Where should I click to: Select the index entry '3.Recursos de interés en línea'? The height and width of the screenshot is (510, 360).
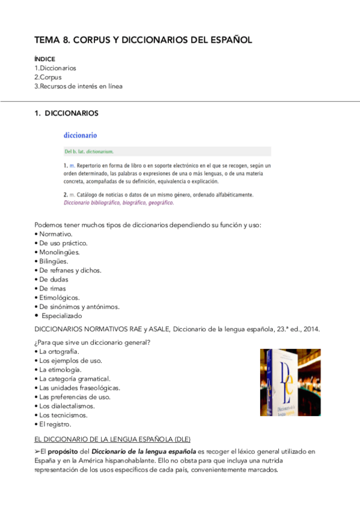[79, 86]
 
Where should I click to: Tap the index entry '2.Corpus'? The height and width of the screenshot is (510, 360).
[48, 77]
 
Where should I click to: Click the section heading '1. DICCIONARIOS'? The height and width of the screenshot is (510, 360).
[67, 113]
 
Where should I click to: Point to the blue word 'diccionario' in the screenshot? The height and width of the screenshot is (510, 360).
[81, 136]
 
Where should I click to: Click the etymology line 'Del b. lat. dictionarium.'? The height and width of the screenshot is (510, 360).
[89, 152]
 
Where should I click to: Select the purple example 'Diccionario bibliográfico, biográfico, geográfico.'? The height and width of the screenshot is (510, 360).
[118, 203]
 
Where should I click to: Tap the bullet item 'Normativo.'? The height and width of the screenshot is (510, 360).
[56, 234]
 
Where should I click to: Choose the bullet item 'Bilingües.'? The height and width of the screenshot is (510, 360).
[53, 261]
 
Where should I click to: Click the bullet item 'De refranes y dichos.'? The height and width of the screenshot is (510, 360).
[70, 270]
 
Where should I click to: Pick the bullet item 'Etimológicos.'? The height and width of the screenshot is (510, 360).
[59, 297]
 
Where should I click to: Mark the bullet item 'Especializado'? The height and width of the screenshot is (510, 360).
[62, 315]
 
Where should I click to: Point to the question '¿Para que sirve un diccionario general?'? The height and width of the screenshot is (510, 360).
[92, 342]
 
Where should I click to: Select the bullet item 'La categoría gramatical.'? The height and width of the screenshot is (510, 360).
[75, 379]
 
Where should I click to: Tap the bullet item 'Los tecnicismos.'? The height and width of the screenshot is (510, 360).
[63, 415]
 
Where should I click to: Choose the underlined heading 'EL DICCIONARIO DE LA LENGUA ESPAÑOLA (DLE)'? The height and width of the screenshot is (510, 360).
[113, 439]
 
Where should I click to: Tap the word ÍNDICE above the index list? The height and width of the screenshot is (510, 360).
[45, 59]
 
